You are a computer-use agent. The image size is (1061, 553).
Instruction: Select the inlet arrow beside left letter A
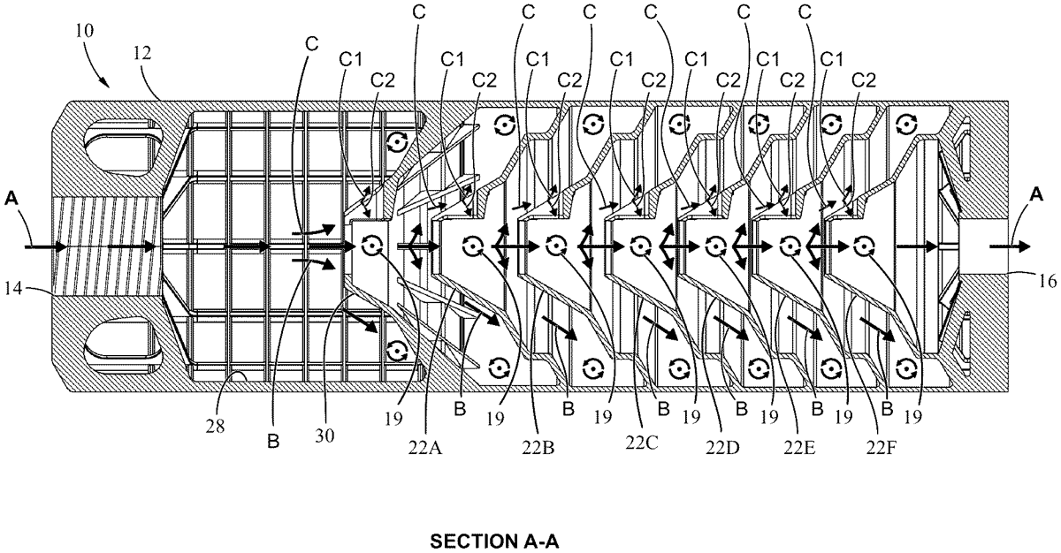pyautogui.click(x=40, y=246)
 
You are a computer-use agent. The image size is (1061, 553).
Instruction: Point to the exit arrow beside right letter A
pyautogui.click(x=1008, y=246)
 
